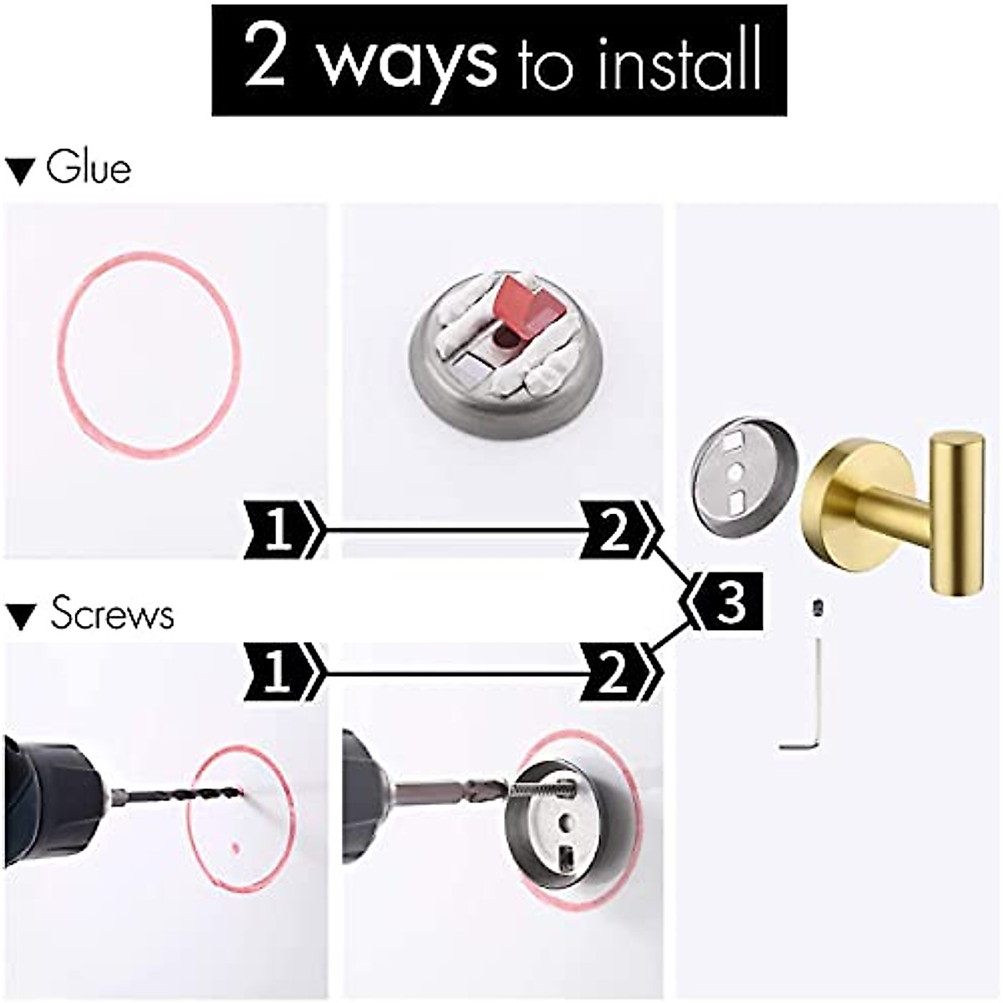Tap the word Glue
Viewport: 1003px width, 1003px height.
[x=89, y=168]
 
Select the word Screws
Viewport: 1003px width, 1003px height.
[x=112, y=614]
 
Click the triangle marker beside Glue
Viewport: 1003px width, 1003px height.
[x=19, y=171]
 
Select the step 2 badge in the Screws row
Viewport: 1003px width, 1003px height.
[x=616, y=671]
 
